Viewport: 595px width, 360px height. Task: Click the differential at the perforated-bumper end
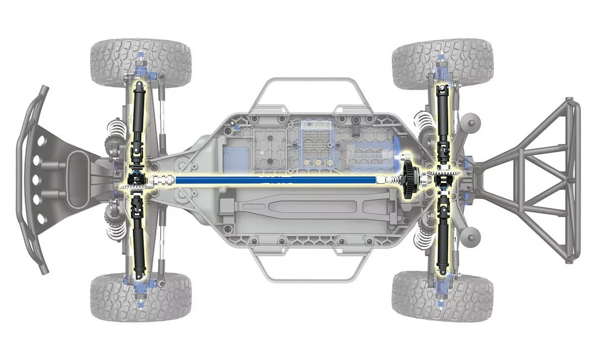[135, 179]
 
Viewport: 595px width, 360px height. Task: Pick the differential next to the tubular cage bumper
[443, 180]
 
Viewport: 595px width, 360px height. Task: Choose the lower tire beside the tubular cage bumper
[442, 296]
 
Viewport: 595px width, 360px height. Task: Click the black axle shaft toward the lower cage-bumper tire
[442, 243]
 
